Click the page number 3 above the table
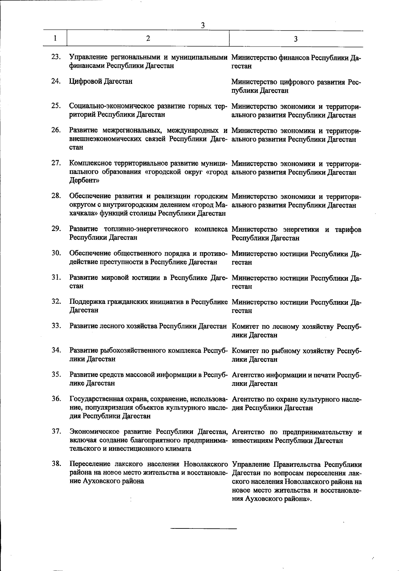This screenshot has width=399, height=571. click(202, 25)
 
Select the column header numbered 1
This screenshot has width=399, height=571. click(55, 38)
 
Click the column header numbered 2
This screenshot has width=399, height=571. click(148, 38)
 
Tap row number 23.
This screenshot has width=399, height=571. click(56, 57)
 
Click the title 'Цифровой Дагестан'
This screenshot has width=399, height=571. click(101, 81)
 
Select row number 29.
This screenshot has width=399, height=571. click(56, 228)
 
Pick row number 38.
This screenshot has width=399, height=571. click(56, 464)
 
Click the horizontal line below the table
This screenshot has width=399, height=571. click(203, 528)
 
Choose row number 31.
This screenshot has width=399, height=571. click(56, 277)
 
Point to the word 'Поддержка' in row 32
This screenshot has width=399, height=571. click(87, 302)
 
